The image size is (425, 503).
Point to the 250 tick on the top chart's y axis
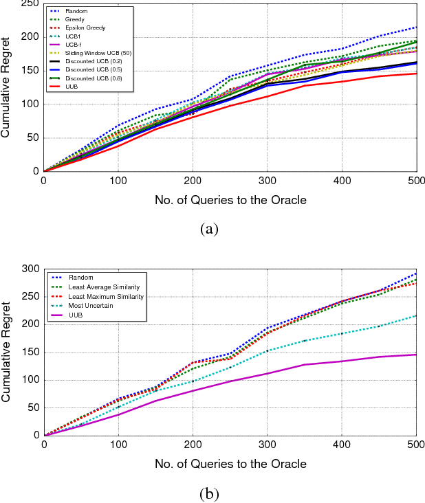(x=30, y=4)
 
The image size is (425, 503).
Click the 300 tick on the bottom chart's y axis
(x=30, y=269)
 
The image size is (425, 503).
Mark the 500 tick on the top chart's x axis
(x=415, y=181)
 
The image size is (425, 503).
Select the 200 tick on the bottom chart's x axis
(x=193, y=445)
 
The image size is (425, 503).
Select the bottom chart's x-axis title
(x=230, y=464)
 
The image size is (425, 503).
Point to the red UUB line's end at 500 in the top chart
(x=415, y=74)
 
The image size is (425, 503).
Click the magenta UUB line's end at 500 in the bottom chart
(x=415, y=355)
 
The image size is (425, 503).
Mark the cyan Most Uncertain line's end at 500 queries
(x=415, y=315)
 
